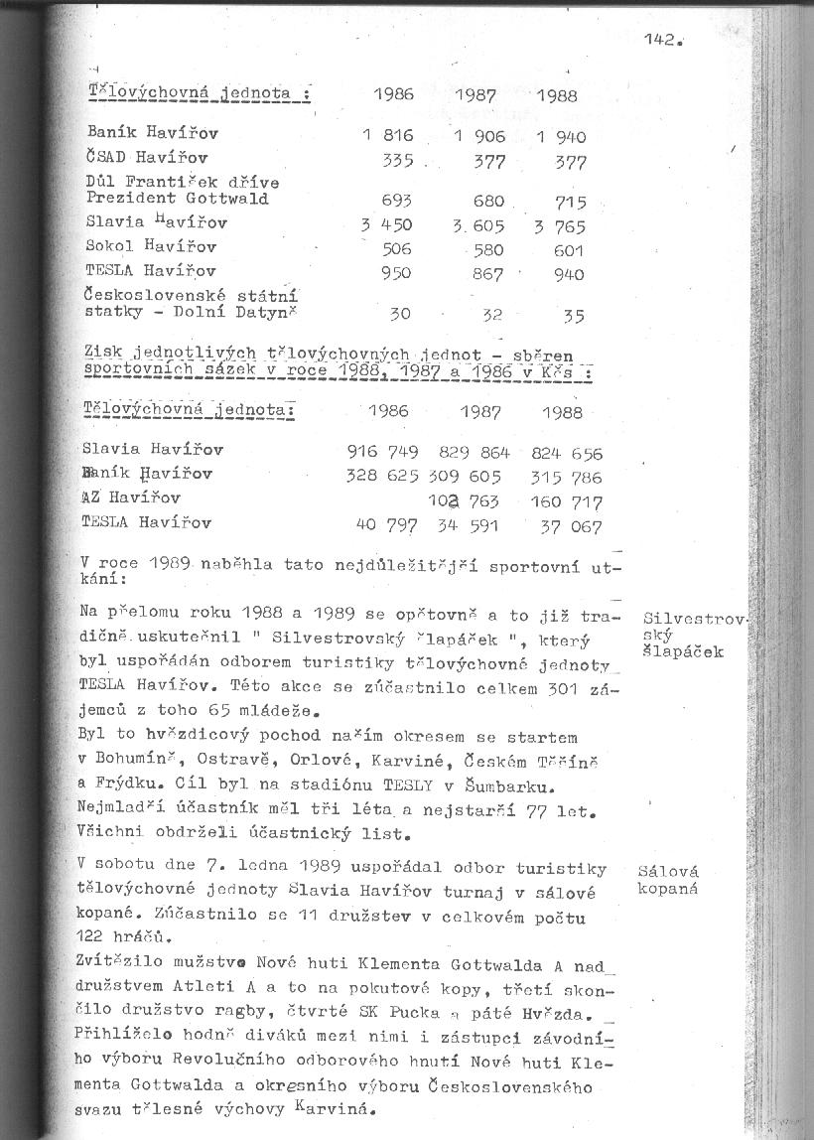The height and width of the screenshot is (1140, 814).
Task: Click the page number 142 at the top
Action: click(x=659, y=40)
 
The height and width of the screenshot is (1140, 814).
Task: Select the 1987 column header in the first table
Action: click(x=475, y=96)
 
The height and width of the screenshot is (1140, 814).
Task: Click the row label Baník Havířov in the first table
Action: click(x=153, y=132)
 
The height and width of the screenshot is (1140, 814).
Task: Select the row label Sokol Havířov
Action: click(x=151, y=246)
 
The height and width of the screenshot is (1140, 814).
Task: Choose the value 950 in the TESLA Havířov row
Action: click(x=397, y=273)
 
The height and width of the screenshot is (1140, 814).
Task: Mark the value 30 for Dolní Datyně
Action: click(x=399, y=314)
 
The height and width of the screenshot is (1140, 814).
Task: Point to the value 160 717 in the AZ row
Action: click(x=566, y=501)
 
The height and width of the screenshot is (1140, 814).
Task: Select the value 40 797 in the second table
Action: click(x=387, y=523)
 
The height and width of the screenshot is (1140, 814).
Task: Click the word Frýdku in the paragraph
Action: click(x=127, y=784)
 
